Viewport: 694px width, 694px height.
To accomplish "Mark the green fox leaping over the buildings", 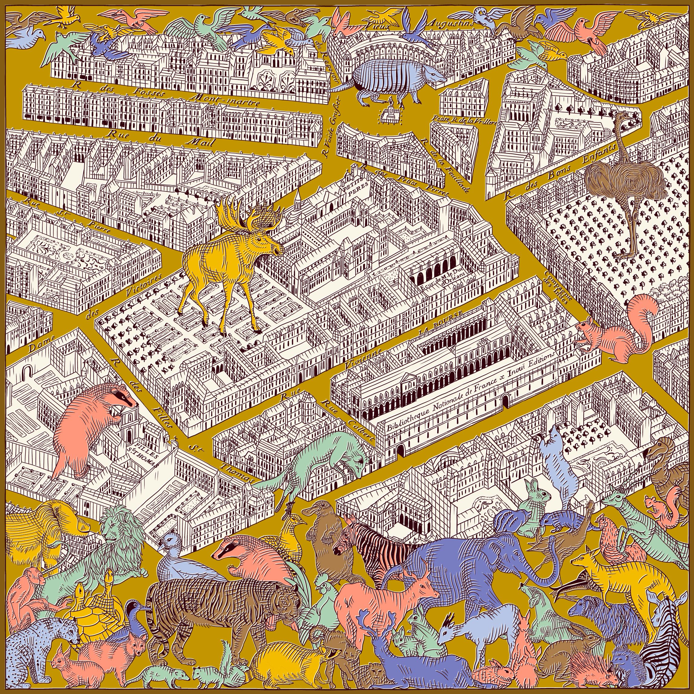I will [x=323, y=463].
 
